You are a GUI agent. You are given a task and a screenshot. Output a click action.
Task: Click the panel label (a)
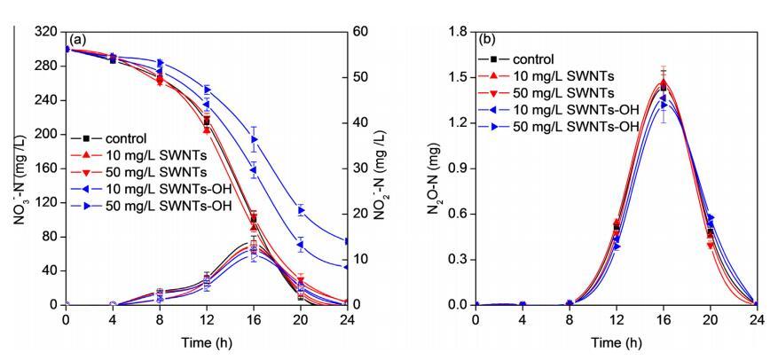click(x=79, y=41)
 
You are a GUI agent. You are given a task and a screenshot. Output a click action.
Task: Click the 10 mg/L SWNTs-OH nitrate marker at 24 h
click(x=347, y=267)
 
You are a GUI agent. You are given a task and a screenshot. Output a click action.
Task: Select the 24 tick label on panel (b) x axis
click(x=755, y=320)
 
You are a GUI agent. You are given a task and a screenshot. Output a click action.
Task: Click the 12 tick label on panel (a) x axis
click(x=207, y=320)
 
